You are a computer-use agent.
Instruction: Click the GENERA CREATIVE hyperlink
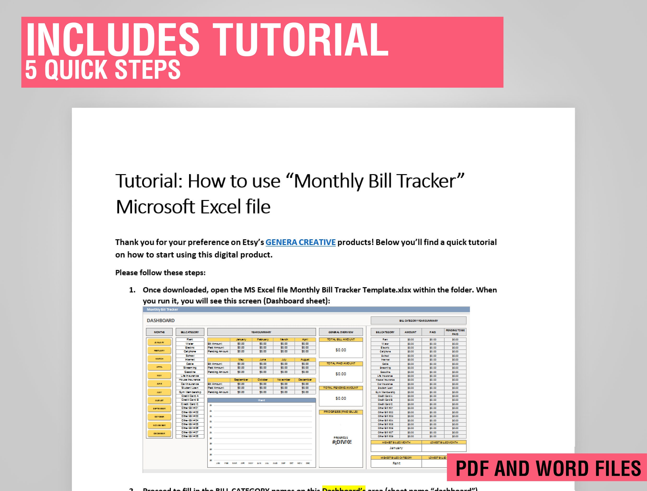(x=300, y=242)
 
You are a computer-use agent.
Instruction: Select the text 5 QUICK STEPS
(x=103, y=70)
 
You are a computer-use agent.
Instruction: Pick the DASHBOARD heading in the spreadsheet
(x=161, y=320)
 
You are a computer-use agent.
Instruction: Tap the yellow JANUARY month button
(x=159, y=342)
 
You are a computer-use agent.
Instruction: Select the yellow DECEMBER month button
(x=159, y=433)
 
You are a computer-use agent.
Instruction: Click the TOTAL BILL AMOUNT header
(x=341, y=340)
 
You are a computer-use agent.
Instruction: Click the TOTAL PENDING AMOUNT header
(x=341, y=388)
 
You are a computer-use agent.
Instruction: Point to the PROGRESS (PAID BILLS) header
(x=341, y=412)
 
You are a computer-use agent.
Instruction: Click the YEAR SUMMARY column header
(x=261, y=332)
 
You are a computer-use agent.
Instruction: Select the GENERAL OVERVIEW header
(x=341, y=332)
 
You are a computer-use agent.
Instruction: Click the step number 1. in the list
(x=132, y=290)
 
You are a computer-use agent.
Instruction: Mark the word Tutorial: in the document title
(x=149, y=181)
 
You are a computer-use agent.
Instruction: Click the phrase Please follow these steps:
(x=160, y=273)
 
